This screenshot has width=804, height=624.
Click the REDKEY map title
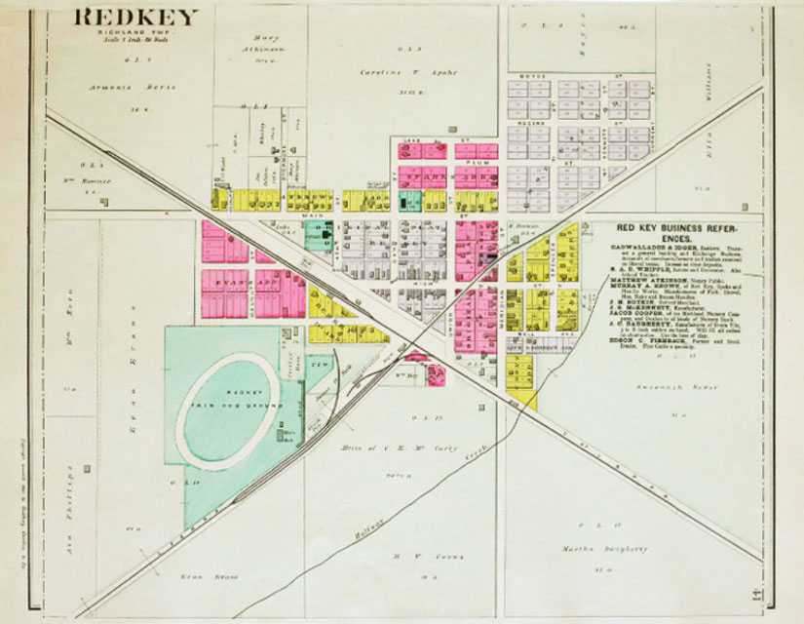pos(137,17)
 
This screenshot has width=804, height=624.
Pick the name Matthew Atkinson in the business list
pos(651,277)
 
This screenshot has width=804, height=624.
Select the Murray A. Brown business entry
pos(648,285)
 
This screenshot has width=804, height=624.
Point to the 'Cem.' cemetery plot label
pos(317,362)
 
